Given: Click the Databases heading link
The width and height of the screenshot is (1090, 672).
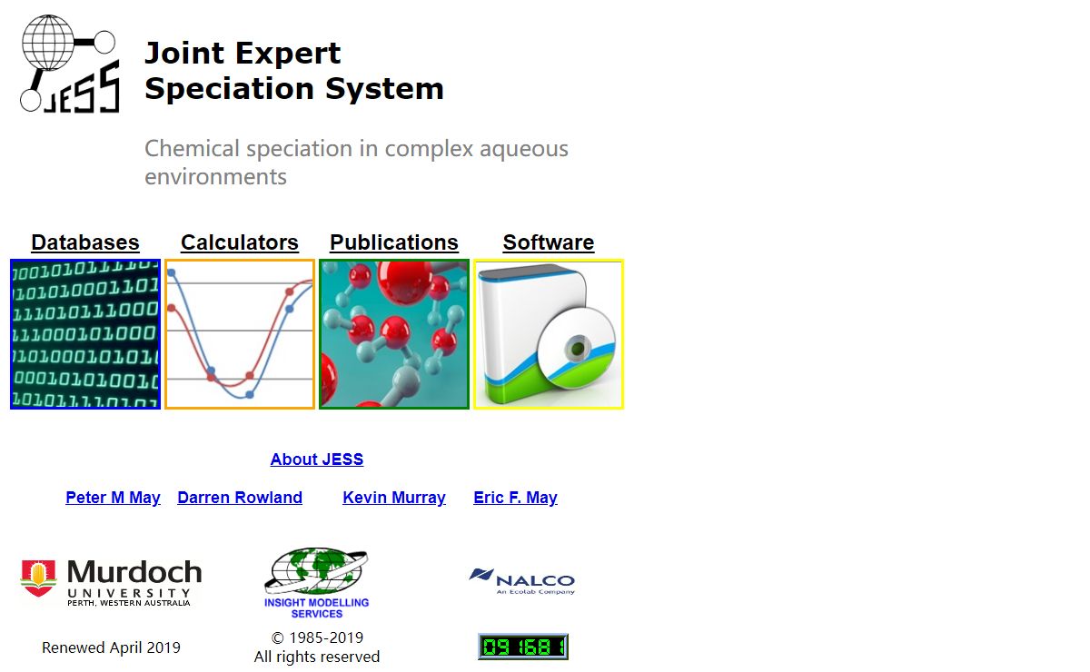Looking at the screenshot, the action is pos(85,242).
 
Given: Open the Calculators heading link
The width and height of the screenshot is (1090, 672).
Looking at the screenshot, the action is pos(240,242).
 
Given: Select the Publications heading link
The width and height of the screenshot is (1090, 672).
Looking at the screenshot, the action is pos(394,242).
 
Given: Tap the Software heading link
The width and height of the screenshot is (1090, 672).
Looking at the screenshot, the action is pos(549,242).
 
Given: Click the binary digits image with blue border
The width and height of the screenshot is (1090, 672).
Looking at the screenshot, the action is pos(85,334).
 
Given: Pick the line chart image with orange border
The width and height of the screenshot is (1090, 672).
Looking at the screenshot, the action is pos(240,334).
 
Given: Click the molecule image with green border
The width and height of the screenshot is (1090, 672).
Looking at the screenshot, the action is pos(394,334).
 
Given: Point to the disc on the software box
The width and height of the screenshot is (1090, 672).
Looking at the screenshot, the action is pos(576,348).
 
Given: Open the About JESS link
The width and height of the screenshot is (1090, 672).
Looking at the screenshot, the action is pos(317,459).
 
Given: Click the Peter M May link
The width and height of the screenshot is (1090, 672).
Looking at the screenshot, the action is pos(113,498).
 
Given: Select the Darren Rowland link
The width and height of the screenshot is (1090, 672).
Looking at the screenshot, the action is pos(240,498).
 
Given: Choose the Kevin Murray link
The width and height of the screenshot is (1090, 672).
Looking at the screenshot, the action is pos(394,498).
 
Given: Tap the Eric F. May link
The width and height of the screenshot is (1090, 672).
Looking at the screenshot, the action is pos(515,498).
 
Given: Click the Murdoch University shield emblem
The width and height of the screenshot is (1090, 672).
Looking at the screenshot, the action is pos(38,578).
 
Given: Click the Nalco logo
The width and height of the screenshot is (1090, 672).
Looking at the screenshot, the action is pos(522,581).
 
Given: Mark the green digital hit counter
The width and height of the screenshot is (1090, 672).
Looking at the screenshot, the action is pos(523,647).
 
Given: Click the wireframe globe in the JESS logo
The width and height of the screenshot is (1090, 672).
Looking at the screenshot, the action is pos(47,43).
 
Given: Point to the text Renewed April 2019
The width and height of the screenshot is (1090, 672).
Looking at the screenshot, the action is pos(111,647).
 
